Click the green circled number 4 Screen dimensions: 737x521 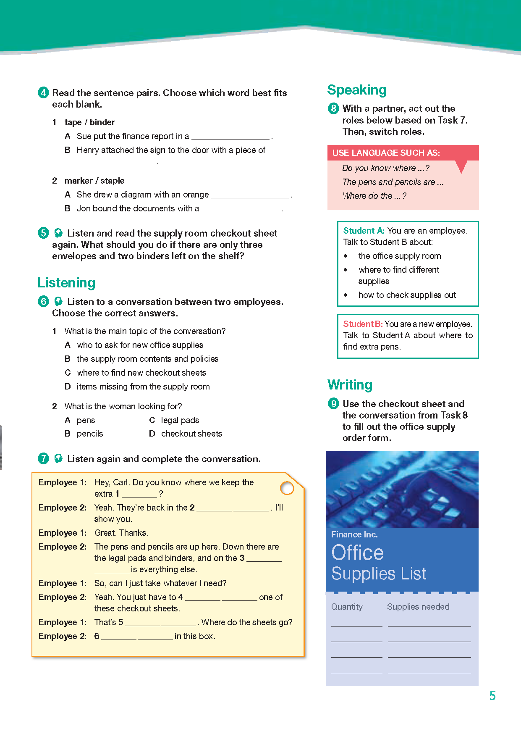(43, 92)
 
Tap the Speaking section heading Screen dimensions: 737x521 (357, 90)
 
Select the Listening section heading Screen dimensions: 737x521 (66, 283)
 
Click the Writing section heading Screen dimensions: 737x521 (350, 385)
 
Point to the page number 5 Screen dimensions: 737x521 (492, 696)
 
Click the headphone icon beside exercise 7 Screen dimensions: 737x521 (59, 458)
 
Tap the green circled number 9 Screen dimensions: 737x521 (333, 404)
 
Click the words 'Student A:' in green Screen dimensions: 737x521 (364, 231)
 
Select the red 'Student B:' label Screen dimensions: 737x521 (363, 324)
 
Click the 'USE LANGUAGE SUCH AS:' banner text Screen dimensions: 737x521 (386, 153)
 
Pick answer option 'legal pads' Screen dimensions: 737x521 (180, 420)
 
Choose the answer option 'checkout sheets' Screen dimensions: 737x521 (191, 434)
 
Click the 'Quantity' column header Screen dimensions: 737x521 (347, 607)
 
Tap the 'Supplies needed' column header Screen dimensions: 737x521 (418, 607)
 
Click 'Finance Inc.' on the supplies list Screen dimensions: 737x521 (354, 534)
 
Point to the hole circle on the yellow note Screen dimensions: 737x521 (287, 488)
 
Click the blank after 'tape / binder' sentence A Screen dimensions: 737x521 (230, 137)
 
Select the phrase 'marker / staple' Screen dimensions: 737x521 (94, 181)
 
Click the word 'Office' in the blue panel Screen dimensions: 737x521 (357, 553)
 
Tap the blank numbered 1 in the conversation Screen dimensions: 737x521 (139, 495)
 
